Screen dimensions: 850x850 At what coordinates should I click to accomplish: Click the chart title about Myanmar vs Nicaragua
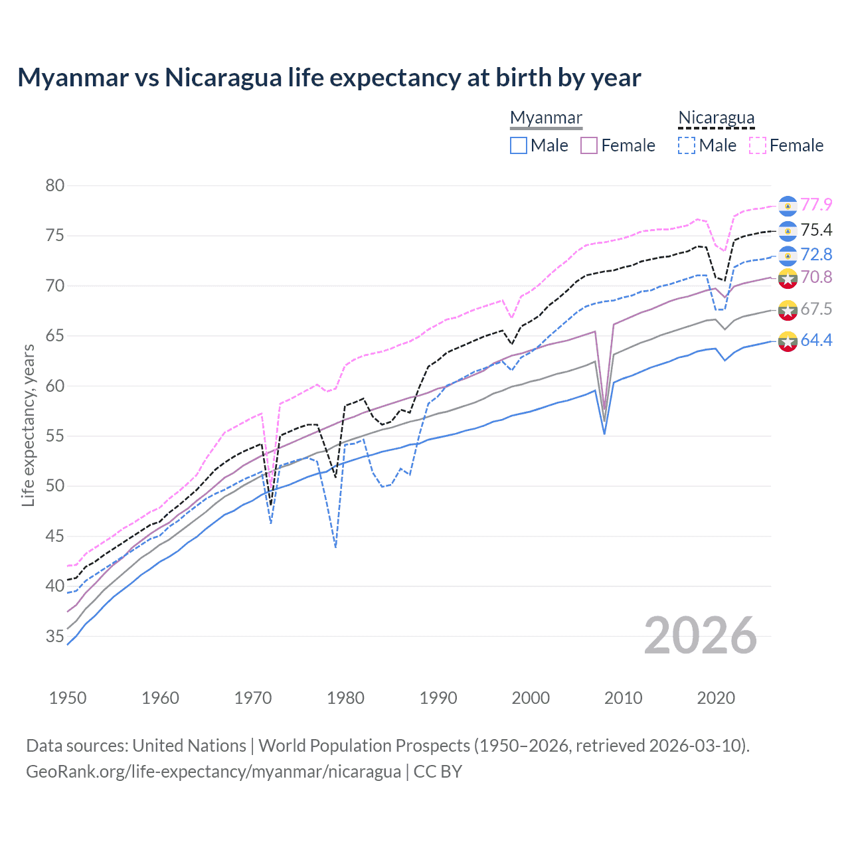(x=329, y=78)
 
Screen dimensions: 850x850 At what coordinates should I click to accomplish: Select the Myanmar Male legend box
(x=519, y=145)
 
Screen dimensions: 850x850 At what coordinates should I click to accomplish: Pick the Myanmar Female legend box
(x=589, y=145)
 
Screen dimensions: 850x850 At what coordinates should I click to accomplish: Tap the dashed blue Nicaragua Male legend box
(x=687, y=145)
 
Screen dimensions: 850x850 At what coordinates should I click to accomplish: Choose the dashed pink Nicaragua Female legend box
(x=758, y=145)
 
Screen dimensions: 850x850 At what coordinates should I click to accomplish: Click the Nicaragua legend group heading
(x=716, y=118)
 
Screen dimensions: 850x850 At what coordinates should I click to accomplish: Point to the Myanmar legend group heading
(x=546, y=118)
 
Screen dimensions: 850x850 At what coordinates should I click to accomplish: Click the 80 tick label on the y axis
(x=55, y=186)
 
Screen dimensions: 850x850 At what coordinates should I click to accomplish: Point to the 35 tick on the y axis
(x=55, y=636)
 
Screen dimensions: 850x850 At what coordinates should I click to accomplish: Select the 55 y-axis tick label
(x=55, y=436)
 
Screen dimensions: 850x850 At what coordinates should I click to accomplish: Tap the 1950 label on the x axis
(x=68, y=698)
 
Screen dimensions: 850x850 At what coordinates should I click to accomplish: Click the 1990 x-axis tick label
(x=438, y=698)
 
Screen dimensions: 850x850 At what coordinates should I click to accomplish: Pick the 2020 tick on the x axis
(x=716, y=698)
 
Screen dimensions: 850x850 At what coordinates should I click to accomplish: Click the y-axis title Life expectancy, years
(x=28, y=425)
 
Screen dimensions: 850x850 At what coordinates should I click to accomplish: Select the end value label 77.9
(x=816, y=205)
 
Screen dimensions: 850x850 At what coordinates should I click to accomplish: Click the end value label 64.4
(x=816, y=341)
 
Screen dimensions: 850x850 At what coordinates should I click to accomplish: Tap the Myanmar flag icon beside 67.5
(x=788, y=309)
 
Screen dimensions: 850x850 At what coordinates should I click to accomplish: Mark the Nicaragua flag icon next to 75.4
(x=788, y=230)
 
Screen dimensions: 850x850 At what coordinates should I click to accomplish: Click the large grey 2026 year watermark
(x=700, y=636)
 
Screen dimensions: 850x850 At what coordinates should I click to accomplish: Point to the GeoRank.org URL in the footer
(x=213, y=772)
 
